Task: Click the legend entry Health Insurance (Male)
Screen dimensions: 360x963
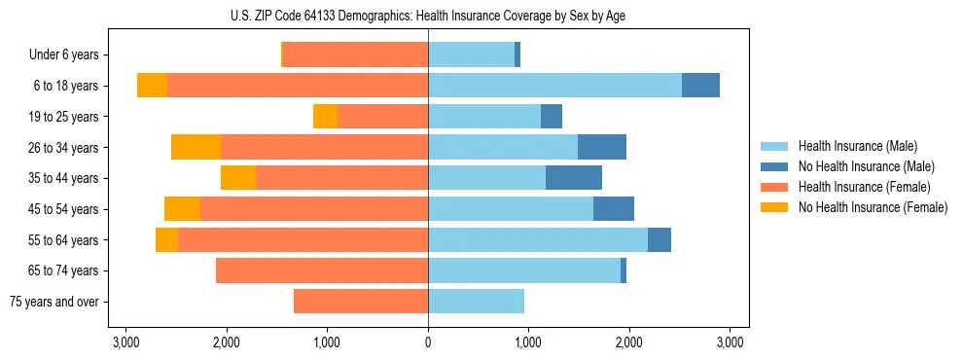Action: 856,146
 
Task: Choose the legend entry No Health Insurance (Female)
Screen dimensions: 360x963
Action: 873,207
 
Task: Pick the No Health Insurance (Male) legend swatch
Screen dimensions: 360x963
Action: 774,166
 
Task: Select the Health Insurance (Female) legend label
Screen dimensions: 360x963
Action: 864,187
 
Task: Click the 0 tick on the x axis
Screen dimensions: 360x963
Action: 428,342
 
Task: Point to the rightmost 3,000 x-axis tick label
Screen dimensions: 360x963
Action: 730,342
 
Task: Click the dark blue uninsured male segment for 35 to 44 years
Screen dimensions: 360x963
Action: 574,178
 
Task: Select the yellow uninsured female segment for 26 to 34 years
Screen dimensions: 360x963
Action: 196,147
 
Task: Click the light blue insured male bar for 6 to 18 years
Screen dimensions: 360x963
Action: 554,86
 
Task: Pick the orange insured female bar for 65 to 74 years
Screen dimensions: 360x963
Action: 322,270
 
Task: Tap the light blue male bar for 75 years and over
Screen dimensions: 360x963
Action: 476,302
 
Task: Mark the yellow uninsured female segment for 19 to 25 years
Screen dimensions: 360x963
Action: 325,117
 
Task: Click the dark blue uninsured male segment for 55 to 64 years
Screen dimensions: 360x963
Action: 660,239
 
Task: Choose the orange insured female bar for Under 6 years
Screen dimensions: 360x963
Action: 356,55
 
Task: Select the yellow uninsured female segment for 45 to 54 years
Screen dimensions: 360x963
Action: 182,209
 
